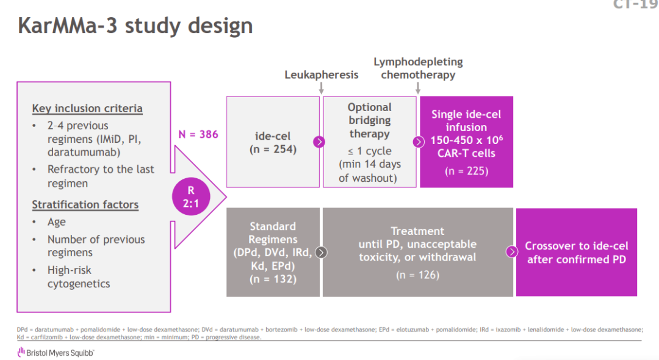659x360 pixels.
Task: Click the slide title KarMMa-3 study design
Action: [135, 26]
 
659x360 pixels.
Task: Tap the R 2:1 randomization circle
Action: [191, 197]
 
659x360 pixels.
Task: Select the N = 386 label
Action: [198, 134]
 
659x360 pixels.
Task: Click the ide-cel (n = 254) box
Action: [273, 142]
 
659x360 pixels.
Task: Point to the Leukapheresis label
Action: [322, 74]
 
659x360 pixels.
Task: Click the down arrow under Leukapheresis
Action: [322, 89]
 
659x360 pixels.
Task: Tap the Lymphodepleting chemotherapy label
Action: [418, 68]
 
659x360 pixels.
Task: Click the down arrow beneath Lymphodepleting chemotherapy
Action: [418, 89]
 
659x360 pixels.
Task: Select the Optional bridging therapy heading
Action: [369, 120]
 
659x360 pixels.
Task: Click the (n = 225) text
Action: [466, 171]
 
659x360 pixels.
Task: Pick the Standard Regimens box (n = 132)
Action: [273, 253]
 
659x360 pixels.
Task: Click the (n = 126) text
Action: [417, 275]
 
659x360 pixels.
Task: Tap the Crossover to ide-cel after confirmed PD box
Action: [577, 253]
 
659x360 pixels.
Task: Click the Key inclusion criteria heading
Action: [87, 109]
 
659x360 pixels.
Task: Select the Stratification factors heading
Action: [85, 205]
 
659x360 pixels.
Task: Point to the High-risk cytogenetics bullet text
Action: [79, 276]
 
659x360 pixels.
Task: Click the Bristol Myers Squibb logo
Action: [56, 351]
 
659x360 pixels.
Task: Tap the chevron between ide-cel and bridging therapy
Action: [319, 142]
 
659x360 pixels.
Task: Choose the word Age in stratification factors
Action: [57, 222]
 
